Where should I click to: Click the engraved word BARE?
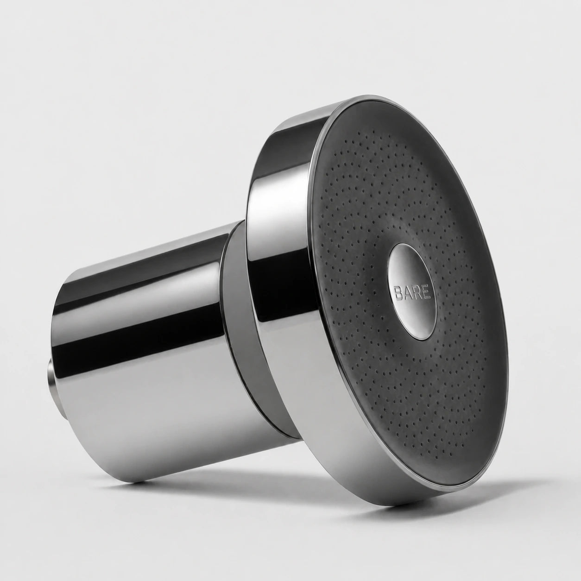click(x=412, y=292)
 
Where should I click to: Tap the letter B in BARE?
click(x=398, y=292)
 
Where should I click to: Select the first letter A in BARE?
click(x=408, y=292)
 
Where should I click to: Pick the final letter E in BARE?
click(x=427, y=293)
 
